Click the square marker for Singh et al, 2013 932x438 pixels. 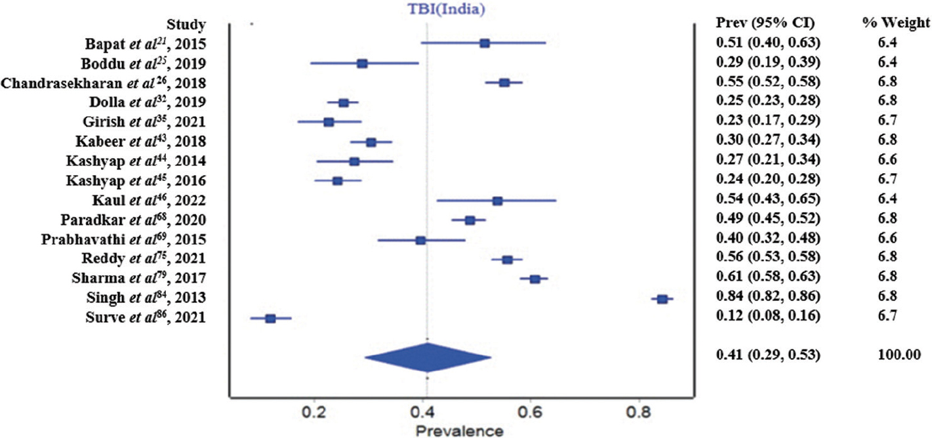[662, 299]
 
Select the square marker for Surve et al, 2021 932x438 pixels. [270, 319]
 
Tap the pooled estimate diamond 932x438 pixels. [428, 357]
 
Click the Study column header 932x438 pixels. [187, 25]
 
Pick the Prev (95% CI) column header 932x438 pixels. [765, 24]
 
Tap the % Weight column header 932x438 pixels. [895, 24]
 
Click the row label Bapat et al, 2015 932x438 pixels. [146, 44]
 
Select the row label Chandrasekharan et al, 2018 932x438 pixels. [104, 83]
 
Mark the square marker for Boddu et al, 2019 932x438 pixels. [362, 64]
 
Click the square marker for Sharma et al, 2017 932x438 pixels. [535, 279]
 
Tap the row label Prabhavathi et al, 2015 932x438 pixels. [121, 241]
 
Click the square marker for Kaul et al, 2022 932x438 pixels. [497, 201]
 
